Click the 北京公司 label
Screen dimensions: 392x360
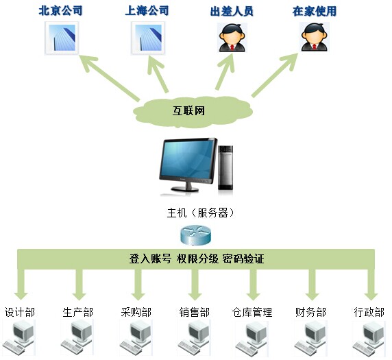60,11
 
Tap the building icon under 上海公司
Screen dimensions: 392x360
148,38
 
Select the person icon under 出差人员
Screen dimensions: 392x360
232,38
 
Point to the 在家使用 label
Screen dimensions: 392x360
315,11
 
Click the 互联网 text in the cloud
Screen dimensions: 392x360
188,110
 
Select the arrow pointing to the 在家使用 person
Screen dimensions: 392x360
275,75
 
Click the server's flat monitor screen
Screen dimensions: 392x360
188,160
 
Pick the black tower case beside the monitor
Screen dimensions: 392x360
225,167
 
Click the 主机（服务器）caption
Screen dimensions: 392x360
201,213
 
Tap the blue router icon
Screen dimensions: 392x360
195,235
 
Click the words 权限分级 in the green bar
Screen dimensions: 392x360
197,259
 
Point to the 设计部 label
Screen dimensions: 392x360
20,312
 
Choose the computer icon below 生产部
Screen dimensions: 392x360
77,337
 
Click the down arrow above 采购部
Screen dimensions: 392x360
138,284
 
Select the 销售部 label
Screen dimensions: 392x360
194,312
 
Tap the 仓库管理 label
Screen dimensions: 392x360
252,312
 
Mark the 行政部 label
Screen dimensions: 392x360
369,312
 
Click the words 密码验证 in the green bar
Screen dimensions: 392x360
243,259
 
